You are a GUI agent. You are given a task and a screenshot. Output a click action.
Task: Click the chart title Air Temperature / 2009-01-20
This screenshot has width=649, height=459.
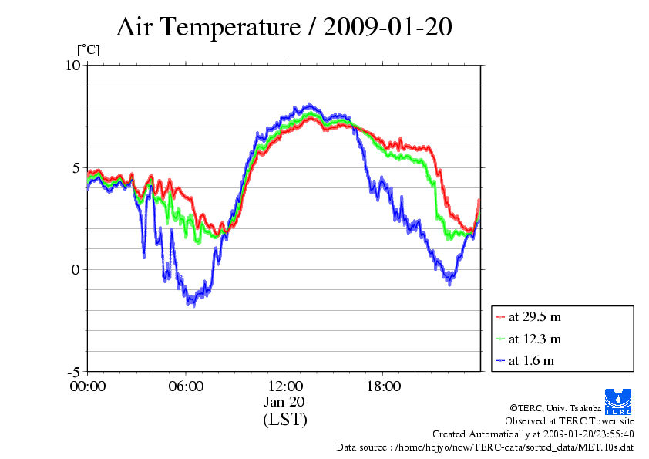pyautogui.click(x=284, y=27)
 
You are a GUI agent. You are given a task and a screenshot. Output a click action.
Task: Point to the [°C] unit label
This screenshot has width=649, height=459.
pyautogui.click(x=87, y=50)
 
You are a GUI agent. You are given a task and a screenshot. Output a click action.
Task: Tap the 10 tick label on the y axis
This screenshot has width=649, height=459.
pyautogui.click(x=73, y=66)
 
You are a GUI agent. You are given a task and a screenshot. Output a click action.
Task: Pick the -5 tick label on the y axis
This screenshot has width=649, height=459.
pyautogui.click(x=73, y=372)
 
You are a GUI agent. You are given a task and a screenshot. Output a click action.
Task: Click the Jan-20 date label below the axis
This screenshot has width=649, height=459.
pyautogui.click(x=285, y=402)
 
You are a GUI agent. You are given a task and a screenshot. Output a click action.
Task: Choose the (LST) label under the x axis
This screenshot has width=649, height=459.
pyautogui.click(x=285, y=420)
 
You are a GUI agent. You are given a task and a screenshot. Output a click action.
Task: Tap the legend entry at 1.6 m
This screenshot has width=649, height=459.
pyautogui.click(x=531, y=360)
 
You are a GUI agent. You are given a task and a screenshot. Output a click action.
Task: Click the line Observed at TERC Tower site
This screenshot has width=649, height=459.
pyautogui.click(x=570, y=421)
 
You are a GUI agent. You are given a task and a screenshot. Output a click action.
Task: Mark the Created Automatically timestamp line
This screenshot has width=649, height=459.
pyautogui.click(x=533, y=434)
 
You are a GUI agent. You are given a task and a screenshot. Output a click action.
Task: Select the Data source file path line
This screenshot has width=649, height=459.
pyautogui.click(x=485, y=447)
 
